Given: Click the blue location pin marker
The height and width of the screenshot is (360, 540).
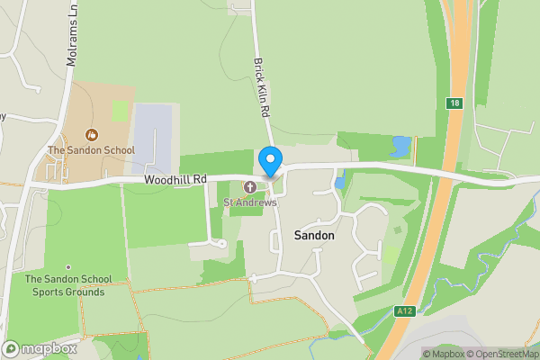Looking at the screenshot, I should click(269, 161).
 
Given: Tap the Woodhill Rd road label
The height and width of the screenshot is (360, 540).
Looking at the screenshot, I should click(175, 180).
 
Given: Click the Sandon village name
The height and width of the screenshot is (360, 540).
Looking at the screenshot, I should click(314, 235).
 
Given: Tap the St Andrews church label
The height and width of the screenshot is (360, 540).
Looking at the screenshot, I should click(250, 202).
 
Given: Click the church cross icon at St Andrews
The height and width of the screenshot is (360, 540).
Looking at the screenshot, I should click(248, 187).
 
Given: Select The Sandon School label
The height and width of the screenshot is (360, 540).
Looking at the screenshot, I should click(91, 150).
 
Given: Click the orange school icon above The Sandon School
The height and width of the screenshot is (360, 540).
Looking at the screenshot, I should click(91, 135).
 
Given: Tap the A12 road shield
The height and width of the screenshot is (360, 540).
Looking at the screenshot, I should click(403, 310).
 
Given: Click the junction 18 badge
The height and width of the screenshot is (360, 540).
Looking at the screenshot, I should click(456, 103).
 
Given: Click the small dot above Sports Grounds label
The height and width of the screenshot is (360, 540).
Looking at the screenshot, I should click(68, 266).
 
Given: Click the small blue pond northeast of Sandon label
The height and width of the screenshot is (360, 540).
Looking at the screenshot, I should click(339, 183).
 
